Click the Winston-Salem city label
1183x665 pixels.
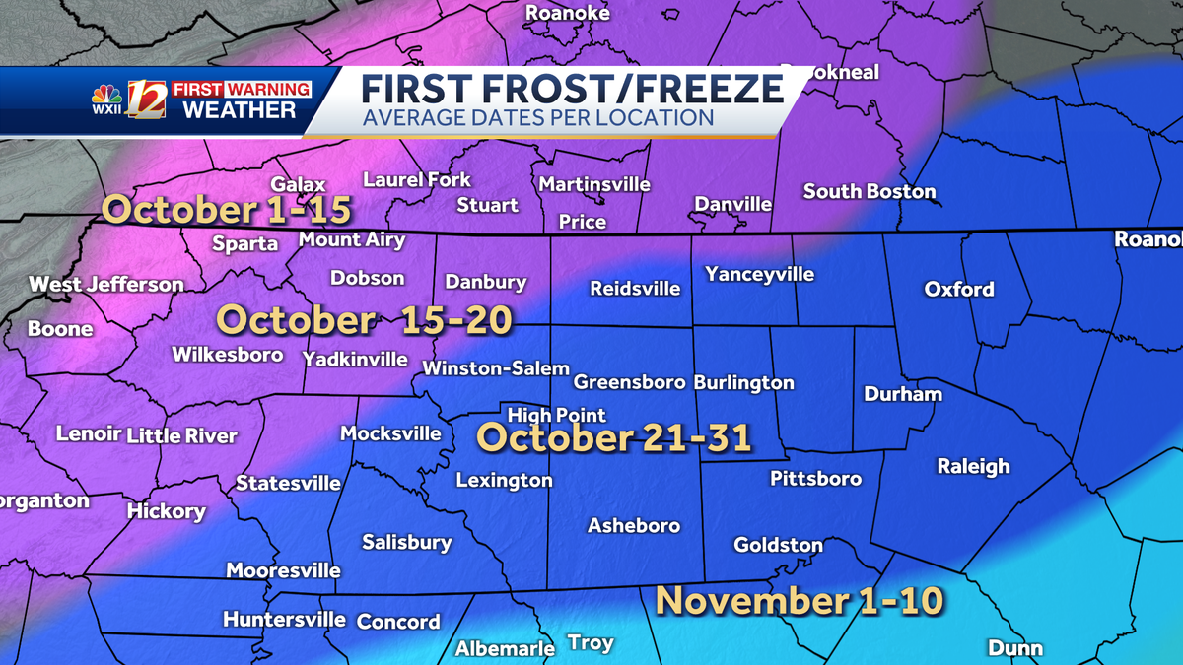pos(496,368)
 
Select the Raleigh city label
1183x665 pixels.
pos(973,466)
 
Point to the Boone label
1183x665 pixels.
pos(60,329)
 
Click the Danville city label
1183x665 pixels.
pos(732,204)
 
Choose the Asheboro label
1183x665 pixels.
pos(634,525)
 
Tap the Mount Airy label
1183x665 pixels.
pos(344,239)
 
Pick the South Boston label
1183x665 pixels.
pos(869,191)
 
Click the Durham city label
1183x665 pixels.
pos(902,394)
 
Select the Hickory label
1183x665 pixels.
pos(166,511)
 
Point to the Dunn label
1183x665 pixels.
pos(1014,647)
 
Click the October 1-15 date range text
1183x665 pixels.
pos(228,210)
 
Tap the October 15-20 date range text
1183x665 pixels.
pos(365,320)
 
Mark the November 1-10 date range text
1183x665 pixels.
pos(800,600)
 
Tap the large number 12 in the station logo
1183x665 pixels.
pos(146,100)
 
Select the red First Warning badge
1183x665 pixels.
pos(242,89)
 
